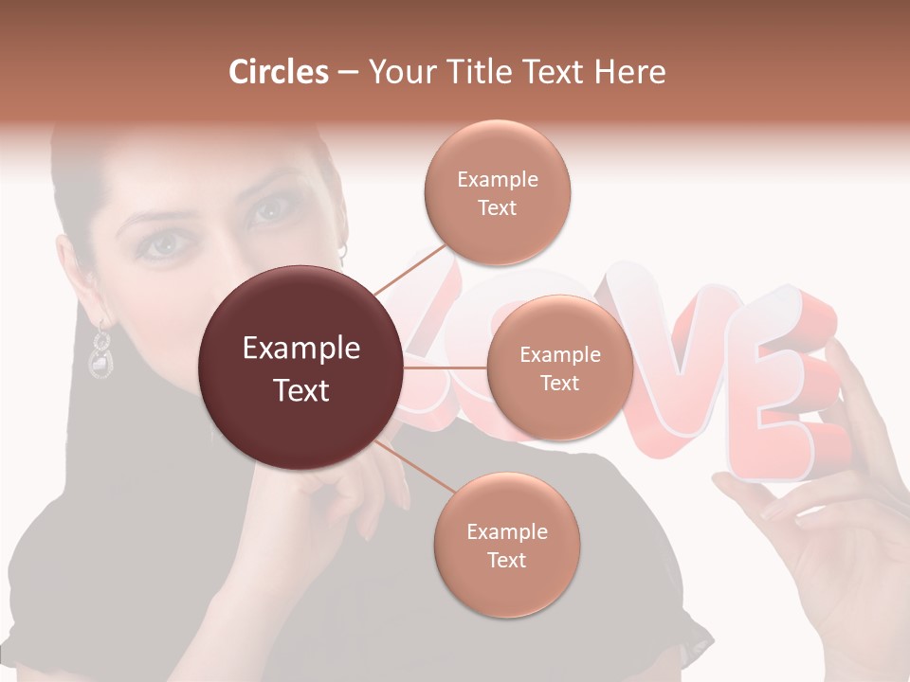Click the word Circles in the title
[x=278, y=72]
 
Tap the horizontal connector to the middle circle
[x=446, y=368]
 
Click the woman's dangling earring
[x=100, y=350]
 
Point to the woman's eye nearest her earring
[x=163, y=244]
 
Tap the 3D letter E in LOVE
[x=777, y=388]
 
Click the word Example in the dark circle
[x=301, y=349]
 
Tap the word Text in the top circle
[x=497, y=208]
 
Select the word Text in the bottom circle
[x=506, y=560]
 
